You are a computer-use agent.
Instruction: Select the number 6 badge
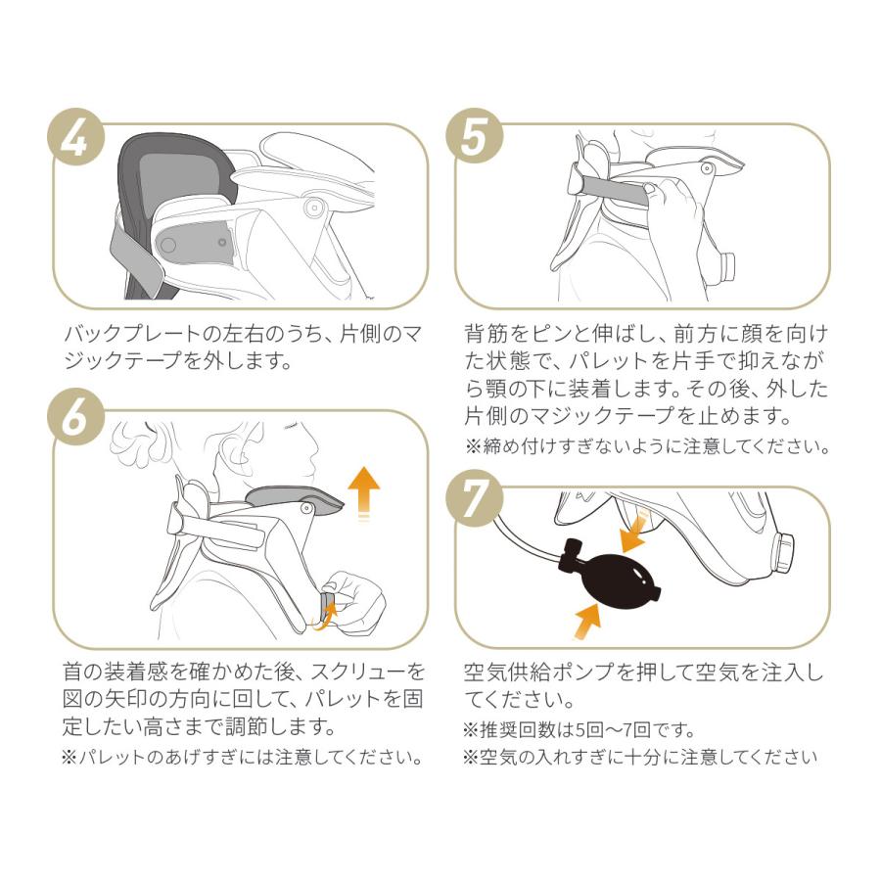75,420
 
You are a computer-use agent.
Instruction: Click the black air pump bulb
615,570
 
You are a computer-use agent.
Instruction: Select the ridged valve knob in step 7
786,553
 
